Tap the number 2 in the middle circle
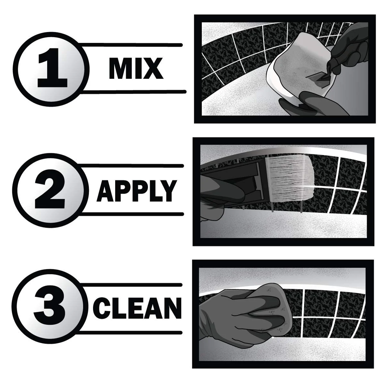click(50, 189)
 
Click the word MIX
click(136, 68)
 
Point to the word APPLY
click(137, 190)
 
